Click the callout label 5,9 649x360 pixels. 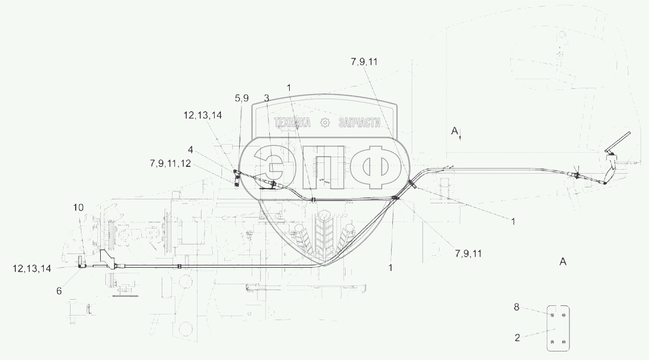242,98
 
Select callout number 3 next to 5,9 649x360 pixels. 266,98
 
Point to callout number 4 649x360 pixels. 190,150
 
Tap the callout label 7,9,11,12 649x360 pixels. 171,163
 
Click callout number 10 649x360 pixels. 79,207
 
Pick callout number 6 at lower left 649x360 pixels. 59,291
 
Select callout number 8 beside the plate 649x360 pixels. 516,308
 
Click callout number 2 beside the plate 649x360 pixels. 517,338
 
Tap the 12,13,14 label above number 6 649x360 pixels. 32,268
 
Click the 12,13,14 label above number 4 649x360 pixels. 203,115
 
